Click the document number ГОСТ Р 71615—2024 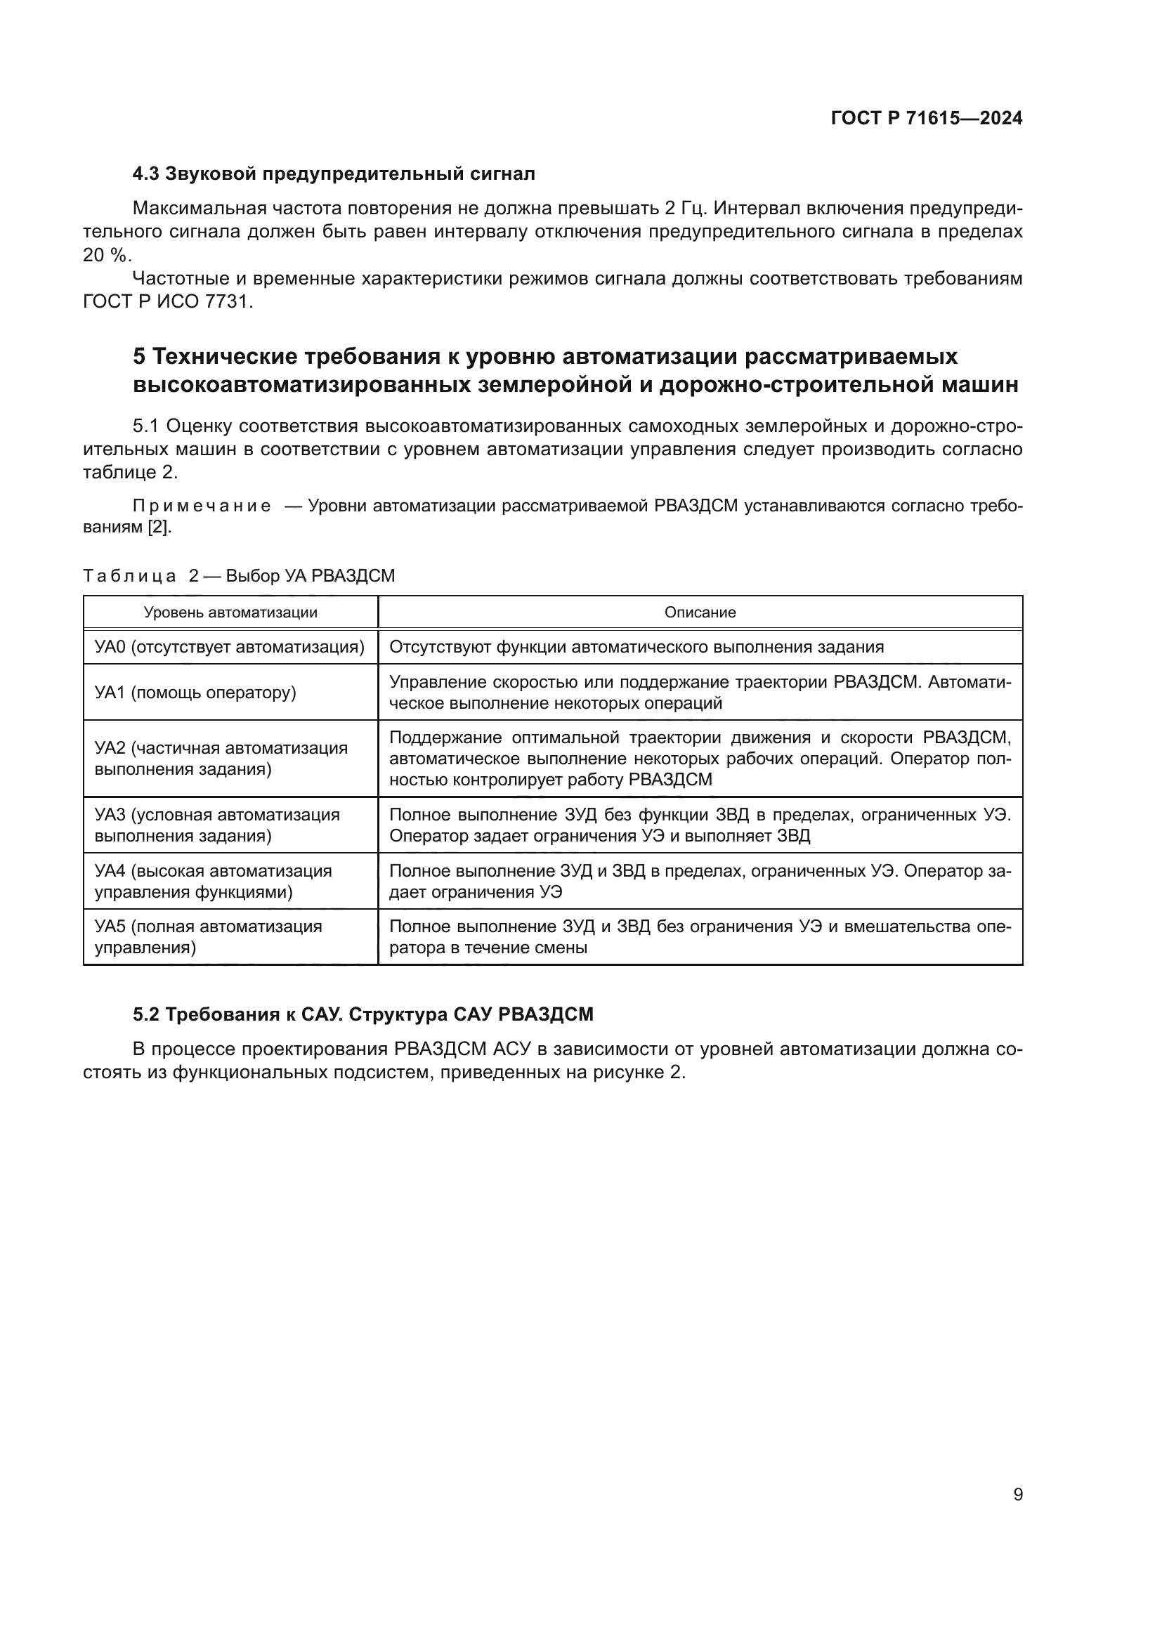pyautogui.click(x=926, y=118)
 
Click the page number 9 pyautogui.click(x=1017, y=1494)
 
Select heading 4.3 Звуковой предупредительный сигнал pyautogui.click(x=334, y=174)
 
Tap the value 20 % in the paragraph pyautogui.click(x=107, y=255)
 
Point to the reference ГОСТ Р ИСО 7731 pyautogui.click(x=167, y=301)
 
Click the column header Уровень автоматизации pyautogui.click(x=230, y=613)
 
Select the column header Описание pyautogui.click(x=700, y=613)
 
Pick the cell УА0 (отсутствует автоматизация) pyautogui.click(x=230, y=647)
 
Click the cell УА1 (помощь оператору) pyautogui.click(x=195, y=692)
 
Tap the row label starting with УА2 pyautogui.click(x=221, y=759)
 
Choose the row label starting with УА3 pyautogui.click(x=217, y=825)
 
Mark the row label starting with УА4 pyautogui.click(x=214, y=881)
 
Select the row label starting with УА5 pyautogui.click(x=208, y=937)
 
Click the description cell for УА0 pyautogui.click(x=636, y=647)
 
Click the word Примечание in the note pyautogui.click(x=202, y=506)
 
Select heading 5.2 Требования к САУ pyautogui.click(x=363, y=1014)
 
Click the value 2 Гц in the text pyautogui.click(x=685, y=208)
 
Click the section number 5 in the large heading pyautogui.click(x=140, y=356)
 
